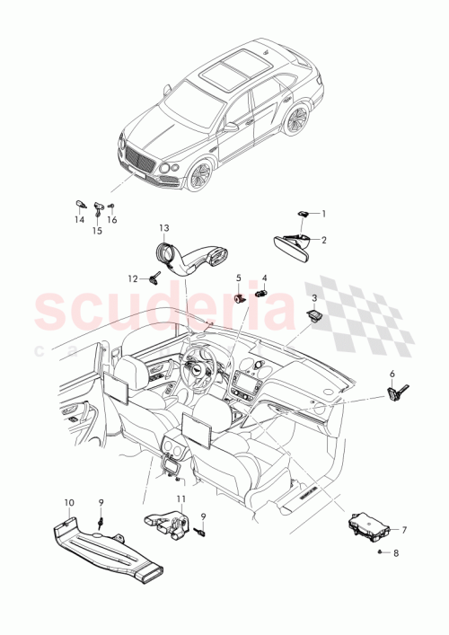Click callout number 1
click(324, 214)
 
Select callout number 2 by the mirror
click(324, 240)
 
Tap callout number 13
click(164, 227)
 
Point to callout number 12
click(131, 278)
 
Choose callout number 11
click(180, 498)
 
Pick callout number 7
click(404, 531)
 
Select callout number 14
click(78, 218)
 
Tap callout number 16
click(112, 218)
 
